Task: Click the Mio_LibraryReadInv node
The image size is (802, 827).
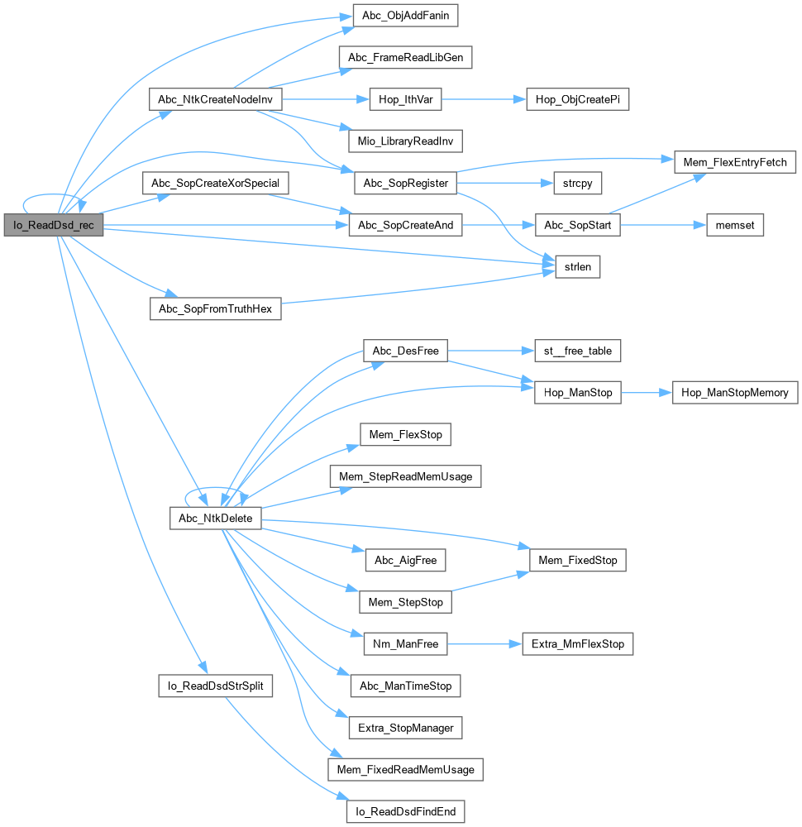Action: tap(399, 141)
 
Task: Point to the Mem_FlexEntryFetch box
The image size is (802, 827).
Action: tap(735, 161)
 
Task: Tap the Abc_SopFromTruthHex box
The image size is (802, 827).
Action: tap(215, 309)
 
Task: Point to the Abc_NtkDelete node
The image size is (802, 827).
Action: tap(215, 519)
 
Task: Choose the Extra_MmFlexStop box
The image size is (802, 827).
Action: tap(577, 643)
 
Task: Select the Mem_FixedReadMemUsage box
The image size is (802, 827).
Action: tap(405, 770)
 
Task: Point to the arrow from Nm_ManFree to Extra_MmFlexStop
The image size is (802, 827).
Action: tap(484, 643)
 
